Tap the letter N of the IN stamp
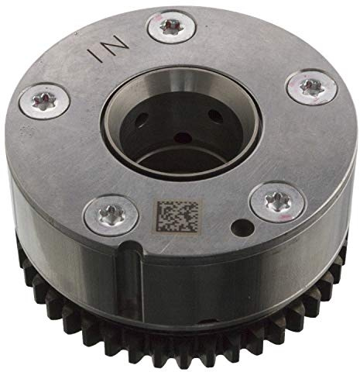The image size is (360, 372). tap(115, 43)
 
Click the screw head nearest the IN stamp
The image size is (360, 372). tap(172, 26)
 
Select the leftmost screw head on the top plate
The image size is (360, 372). tap(45, 101)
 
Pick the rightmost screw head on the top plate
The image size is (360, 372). tap(312, 87)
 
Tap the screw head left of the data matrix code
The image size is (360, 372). tap(111, 215)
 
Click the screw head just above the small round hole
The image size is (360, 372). tap(278, 201)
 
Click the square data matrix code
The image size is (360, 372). tap(178, 216)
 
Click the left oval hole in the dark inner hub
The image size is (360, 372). tap(142, 120)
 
